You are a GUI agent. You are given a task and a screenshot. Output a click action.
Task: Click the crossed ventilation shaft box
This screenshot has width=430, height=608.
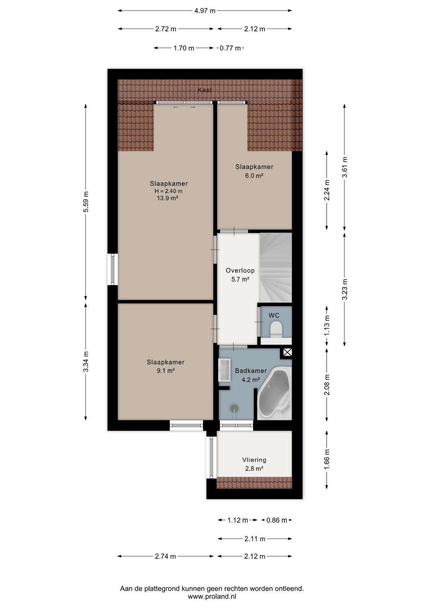point(287,352)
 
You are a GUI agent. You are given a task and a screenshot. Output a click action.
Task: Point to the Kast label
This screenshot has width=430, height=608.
point(205,90)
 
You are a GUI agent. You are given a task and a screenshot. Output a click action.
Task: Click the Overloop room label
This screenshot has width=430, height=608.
point(240,270)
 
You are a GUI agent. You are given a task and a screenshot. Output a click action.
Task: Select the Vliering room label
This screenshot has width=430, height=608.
point(254,460)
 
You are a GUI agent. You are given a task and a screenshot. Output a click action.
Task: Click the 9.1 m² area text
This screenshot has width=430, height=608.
point(166,370)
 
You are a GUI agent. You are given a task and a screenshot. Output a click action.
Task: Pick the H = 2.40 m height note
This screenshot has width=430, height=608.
point(168,191)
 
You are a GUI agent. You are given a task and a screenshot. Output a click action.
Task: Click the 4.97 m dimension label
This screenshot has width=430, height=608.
point(205,11)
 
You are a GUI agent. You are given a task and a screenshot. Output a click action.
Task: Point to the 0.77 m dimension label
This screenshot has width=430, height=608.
point(230,48)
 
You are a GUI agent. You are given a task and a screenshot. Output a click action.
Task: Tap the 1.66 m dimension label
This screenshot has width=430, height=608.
point(327,459)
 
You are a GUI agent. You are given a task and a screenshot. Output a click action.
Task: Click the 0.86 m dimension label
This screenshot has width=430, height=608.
point(277,520)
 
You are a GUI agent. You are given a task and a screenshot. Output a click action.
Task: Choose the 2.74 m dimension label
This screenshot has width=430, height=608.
point(165,556)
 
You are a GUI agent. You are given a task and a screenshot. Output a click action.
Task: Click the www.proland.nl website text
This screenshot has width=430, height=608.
point(212,596)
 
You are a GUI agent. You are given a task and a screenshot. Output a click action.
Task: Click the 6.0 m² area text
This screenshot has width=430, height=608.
point(254,175)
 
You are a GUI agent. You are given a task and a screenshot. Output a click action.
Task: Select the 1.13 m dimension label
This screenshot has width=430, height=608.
point(327,326)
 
